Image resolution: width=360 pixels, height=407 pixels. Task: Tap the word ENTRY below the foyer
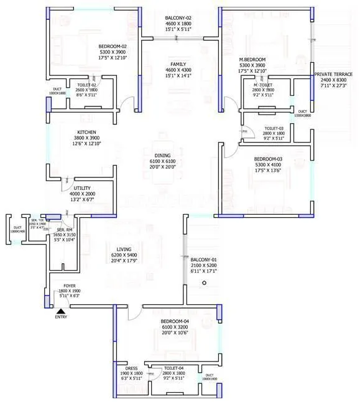click(61, 317)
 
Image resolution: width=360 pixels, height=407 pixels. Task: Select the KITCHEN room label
click(86, 132)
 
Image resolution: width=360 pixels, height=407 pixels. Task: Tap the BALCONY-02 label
click(179, 18)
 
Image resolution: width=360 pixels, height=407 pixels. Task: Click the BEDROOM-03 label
click(268, 159)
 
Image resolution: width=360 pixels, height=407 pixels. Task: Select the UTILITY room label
click(83, 187)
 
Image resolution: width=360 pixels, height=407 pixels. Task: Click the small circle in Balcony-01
click(203, 283)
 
